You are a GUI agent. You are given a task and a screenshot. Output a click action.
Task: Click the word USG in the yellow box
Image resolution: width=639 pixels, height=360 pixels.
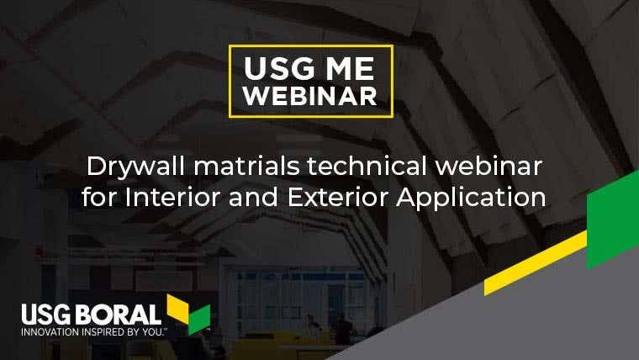coord(280,68)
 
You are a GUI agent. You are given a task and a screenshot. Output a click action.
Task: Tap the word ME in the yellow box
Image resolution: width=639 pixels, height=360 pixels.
coord(350,68)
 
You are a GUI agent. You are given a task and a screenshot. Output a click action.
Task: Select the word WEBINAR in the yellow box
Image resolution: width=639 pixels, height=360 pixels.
coord(310,96)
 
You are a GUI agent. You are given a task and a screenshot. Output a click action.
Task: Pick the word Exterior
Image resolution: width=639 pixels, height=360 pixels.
coord(338,198)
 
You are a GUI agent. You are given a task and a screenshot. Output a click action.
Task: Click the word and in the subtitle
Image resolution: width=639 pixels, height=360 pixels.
coord(253,198)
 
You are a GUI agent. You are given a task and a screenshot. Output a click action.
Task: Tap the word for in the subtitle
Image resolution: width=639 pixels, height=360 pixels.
coord(99,198)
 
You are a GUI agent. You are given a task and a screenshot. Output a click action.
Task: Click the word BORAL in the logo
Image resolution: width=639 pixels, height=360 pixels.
coord(119,315)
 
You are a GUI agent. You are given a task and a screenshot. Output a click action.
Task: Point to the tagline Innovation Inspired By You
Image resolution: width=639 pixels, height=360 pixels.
coord(93,332)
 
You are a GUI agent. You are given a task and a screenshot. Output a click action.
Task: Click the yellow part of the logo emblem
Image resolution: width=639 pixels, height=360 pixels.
coord(177,308)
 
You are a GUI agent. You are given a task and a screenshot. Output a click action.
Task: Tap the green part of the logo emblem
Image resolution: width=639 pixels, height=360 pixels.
coord(199,320)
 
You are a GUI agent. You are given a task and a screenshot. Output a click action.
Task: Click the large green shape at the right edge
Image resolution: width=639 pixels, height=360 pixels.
coord(613,220)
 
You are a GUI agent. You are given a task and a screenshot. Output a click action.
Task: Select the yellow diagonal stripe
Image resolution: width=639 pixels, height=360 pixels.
coord(536,263)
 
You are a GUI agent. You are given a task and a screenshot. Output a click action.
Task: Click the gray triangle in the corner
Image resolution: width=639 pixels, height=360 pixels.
coord(530,322)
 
